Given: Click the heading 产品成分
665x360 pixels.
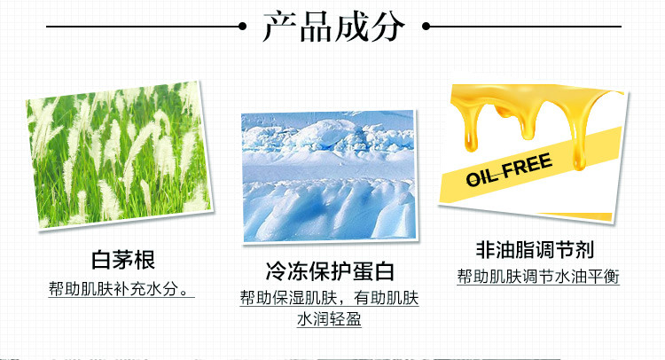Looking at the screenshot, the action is coord(333,27).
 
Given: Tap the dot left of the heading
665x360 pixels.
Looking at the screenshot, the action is coord(243,27).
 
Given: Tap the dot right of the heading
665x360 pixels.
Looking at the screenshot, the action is coord(426,27).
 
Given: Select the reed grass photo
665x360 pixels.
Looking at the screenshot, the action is coord(118,155).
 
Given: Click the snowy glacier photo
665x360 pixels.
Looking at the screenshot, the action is coord(330,176).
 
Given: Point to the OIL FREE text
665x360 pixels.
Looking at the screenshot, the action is coord(509,169).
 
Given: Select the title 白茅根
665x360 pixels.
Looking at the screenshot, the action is coord(123,260).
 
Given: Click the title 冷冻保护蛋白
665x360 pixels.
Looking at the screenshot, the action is coord(330,271).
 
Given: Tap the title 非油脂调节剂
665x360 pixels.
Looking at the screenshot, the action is coord(535,249).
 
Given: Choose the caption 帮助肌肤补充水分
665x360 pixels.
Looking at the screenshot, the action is coord(119,289).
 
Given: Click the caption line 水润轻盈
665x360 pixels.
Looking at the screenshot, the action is coord(329,319).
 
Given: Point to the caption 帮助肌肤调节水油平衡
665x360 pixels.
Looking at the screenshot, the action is coord(538,277).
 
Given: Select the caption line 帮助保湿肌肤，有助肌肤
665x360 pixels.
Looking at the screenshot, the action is coord(330,298).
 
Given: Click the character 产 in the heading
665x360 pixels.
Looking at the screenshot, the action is coord(280,27).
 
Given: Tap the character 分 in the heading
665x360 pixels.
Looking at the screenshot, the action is coord(387,27).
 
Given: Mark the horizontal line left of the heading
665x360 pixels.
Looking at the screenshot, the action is coord(143,27).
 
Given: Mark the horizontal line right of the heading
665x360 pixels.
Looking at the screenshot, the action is coord(526,27).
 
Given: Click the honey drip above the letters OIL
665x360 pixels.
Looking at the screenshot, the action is coord(471,136).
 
